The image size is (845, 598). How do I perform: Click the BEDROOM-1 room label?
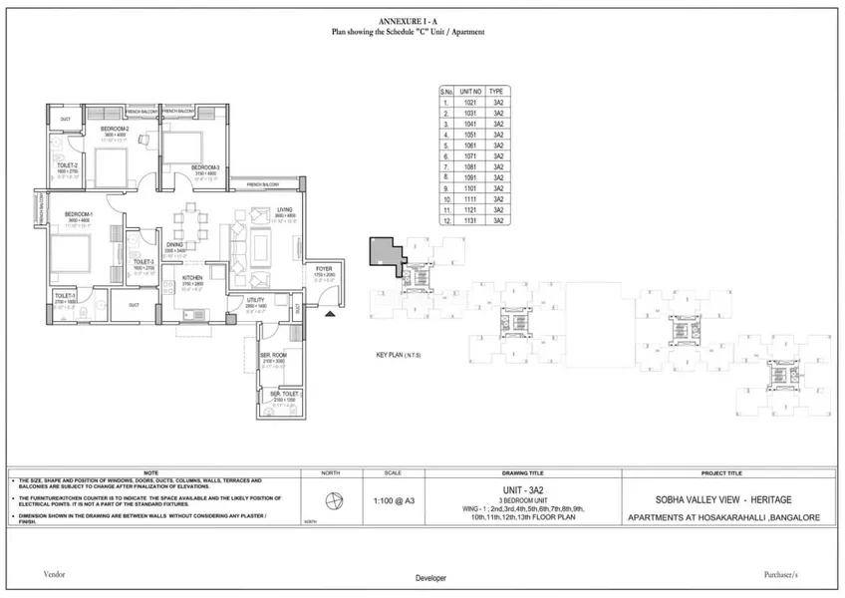tap(79, 214)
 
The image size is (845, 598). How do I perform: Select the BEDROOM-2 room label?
tap(115, 129)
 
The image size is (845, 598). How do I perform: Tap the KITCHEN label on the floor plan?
tap(192, 278)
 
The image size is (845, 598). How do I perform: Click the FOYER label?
tap(324, 268)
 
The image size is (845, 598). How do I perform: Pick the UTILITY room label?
tap(255, 299)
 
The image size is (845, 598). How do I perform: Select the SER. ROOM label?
tap(273, 356)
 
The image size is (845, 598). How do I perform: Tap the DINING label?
tap(174, 244)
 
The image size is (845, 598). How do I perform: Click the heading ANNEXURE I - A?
tap(409, 21)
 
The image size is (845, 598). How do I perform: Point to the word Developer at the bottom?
tap(430, 578)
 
